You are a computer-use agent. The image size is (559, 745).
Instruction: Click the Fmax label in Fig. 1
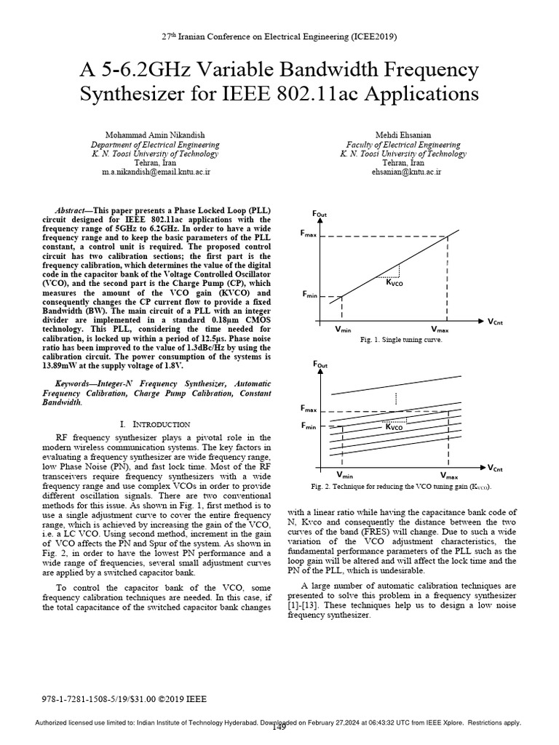[x=311, y=234]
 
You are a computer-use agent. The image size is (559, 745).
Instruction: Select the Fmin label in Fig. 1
[x=312, y=295]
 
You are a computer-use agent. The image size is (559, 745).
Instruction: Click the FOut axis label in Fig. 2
[x=320, y=364]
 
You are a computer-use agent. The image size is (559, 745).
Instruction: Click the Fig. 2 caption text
[x=400, y=487]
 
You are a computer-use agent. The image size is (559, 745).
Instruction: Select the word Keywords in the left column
[x=76, y=383]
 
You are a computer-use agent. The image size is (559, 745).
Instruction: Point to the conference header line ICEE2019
[x=279, y=36]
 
